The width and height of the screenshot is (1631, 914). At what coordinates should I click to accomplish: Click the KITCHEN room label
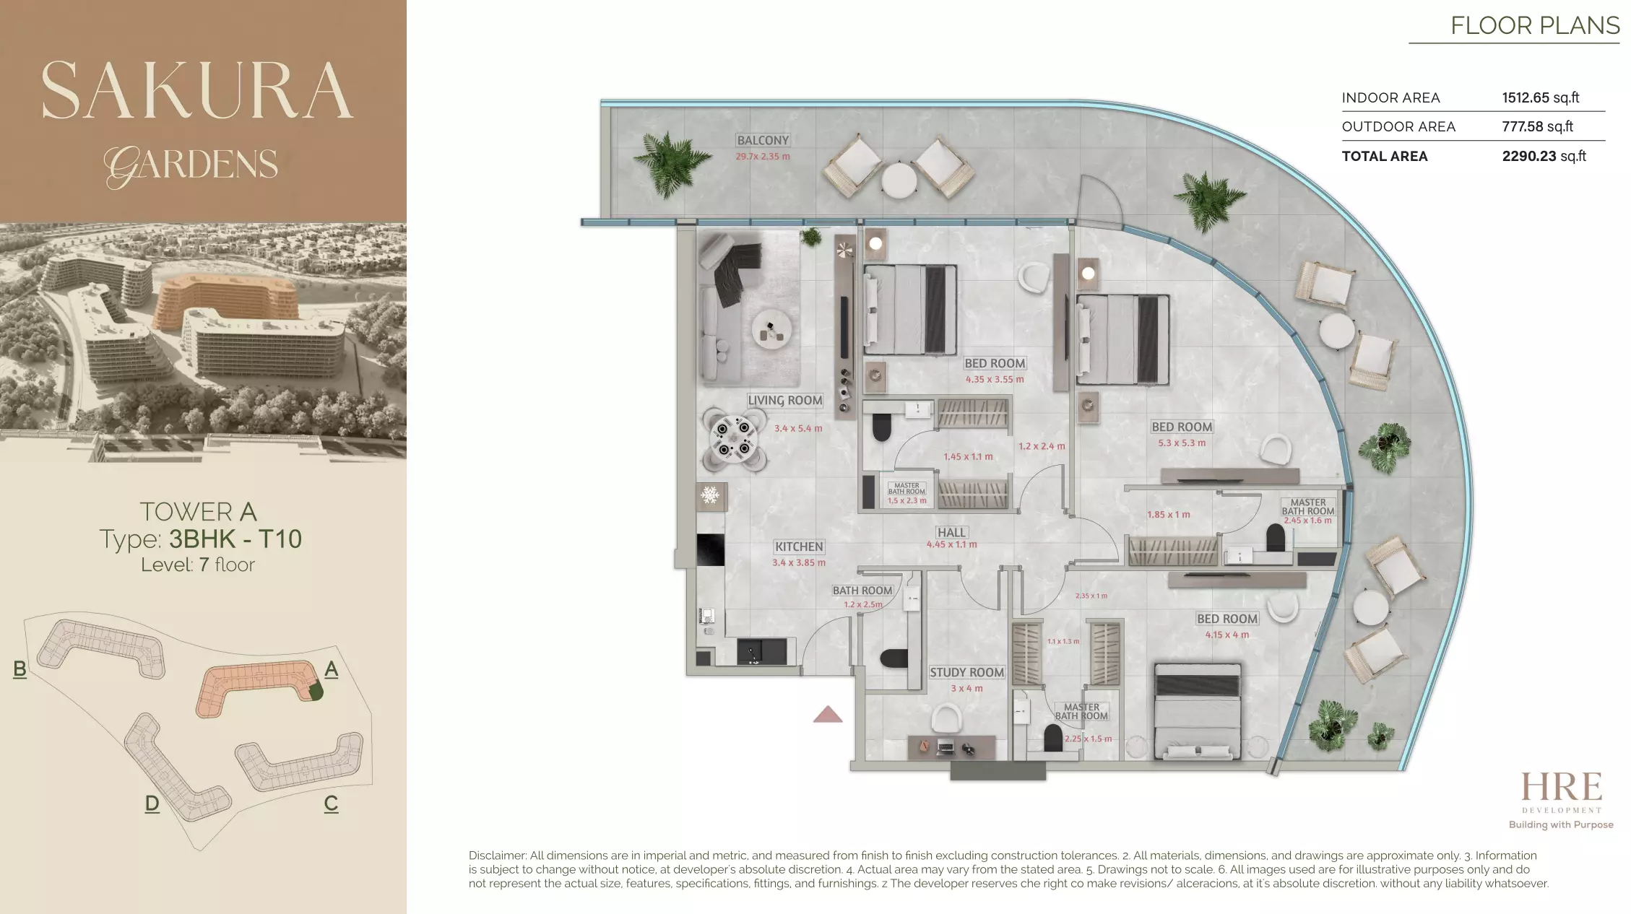[799, 547]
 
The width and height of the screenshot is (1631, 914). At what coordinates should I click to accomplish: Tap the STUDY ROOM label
[966, 672]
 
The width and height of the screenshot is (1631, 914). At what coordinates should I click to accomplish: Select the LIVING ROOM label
[784, 400]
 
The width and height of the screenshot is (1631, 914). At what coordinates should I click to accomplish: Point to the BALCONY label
[763, 140]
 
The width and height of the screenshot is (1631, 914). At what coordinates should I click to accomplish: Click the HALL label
[951, 532]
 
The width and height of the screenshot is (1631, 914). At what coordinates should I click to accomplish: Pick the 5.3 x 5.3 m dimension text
[1182, 443]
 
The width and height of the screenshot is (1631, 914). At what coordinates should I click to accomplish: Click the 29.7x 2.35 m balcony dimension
[763, 156]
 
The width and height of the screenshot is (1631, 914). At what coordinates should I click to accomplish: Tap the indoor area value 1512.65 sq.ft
[1540, 97]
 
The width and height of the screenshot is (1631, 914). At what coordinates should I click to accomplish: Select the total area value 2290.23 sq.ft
[1544, 156]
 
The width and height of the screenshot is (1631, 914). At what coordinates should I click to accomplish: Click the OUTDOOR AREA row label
[1398, 126]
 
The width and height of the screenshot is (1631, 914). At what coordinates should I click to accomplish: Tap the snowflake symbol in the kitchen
[711, 495]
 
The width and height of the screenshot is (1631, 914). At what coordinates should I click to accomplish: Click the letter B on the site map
[20, 669]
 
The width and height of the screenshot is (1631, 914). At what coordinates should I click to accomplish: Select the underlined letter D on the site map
[152, 803]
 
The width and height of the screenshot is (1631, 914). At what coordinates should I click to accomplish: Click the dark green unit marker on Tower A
[316, 691]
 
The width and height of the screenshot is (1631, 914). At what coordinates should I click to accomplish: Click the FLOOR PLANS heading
[1535, 26]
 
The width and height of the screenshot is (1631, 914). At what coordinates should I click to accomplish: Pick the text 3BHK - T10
[235, 539]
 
